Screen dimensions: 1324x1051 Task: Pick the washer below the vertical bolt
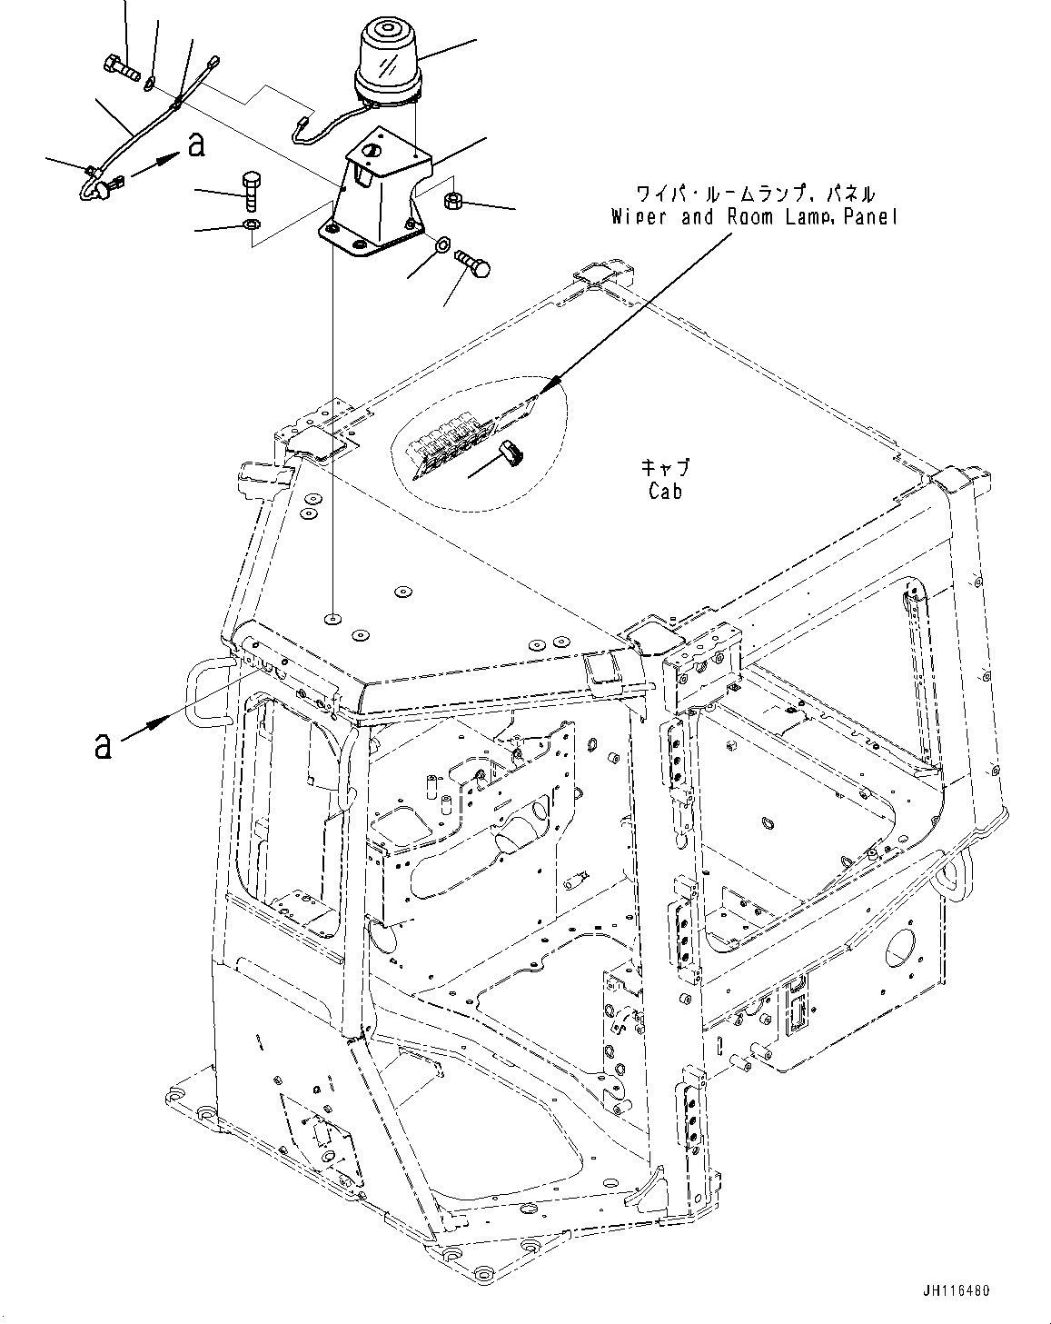click(x=252, y=224)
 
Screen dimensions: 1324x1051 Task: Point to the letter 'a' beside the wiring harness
click(x=194, y=144)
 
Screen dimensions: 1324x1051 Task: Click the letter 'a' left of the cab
click(x=104, y=745)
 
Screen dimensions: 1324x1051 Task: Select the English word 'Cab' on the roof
click(x=665, y=491)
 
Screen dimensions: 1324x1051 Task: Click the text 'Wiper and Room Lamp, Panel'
click(x=753, y=217)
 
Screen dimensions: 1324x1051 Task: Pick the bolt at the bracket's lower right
click(x=475, y=264)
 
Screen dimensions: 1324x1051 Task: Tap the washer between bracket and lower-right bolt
click(x=443, y=245)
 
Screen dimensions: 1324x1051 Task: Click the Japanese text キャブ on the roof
click(x=666, y=466)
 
